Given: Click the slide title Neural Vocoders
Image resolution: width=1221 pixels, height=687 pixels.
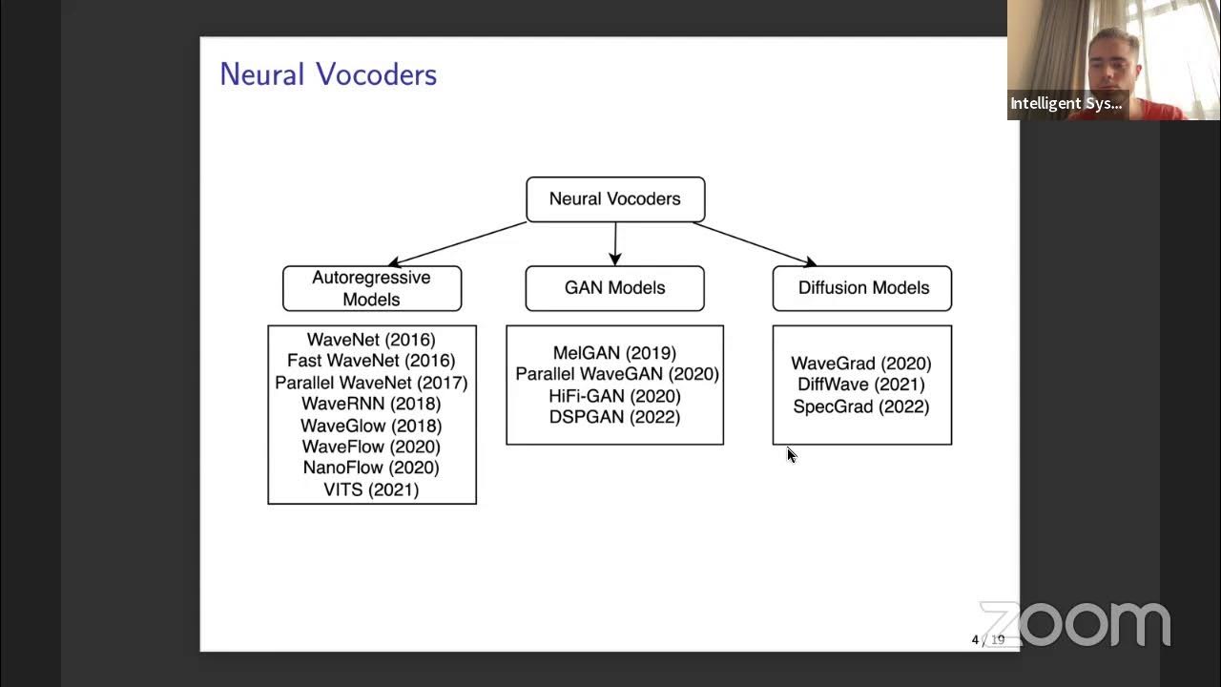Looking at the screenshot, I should pos(328,74).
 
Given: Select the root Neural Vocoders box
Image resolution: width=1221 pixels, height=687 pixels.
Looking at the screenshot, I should pos(615,199).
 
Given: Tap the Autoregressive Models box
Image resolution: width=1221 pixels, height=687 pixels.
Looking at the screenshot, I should pos(371,288).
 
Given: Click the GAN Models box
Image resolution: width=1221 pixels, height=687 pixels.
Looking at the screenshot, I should pos(614,288).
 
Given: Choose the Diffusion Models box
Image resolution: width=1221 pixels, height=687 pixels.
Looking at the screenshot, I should pos(862,288).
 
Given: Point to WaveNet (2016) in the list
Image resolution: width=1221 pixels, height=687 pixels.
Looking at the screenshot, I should pos(371,340).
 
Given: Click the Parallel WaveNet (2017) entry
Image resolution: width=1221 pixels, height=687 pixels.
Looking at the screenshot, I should pos(371,383).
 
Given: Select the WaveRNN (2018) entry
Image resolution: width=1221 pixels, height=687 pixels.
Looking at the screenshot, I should pos(371,404).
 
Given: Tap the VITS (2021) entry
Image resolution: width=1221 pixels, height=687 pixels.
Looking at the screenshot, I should pos(371,489).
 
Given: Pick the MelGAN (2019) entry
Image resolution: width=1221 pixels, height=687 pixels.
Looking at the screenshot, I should pos(614,353).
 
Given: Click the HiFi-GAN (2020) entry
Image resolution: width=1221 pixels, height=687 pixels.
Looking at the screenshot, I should pos(614,396).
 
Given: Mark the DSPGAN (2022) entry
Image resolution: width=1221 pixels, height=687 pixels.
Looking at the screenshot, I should pos(614,417).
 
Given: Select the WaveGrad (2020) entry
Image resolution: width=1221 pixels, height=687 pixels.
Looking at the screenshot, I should pos(860,364).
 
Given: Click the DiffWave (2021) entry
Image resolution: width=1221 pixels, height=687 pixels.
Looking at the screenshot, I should pos(860,385).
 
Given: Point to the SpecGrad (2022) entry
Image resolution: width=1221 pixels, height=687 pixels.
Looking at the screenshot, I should pos(860,406).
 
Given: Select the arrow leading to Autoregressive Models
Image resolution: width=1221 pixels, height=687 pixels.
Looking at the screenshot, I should pos(458,243).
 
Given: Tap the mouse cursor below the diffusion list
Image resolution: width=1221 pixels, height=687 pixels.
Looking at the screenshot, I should pos(791,455).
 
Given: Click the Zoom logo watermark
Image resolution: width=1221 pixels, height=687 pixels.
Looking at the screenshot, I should pos(1075,625).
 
